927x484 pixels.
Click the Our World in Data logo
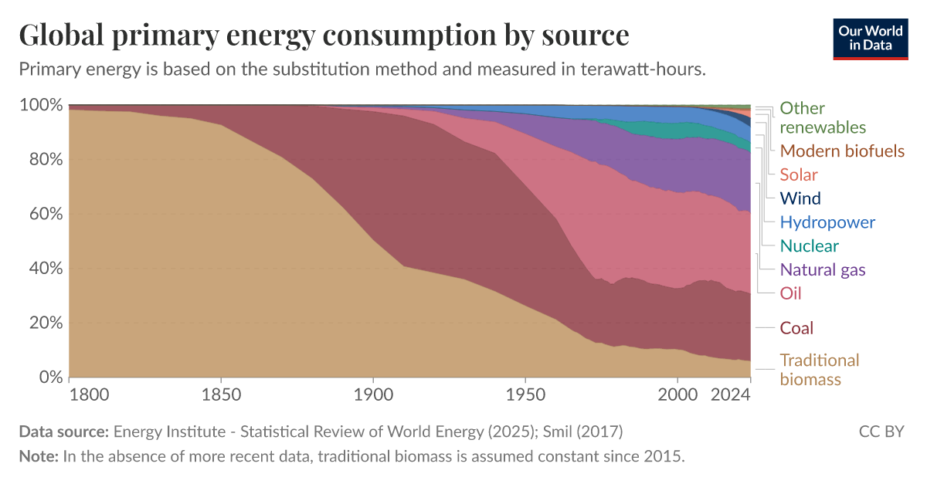tap(870, 38)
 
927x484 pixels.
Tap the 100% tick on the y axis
tap(39, 105)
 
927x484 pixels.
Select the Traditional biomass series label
tap(819, 370)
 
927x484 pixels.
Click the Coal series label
tap(796, 328)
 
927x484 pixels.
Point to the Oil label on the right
tap(790, 293)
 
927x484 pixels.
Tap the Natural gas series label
tap(822, 269)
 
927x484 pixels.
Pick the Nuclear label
tap(809, 246)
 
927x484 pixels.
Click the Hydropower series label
tap(827, 222)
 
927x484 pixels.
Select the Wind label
tap(800, 198)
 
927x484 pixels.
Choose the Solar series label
tap(799, 174)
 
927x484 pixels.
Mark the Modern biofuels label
tap(841, 151)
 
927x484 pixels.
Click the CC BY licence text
tap(881, 432)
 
